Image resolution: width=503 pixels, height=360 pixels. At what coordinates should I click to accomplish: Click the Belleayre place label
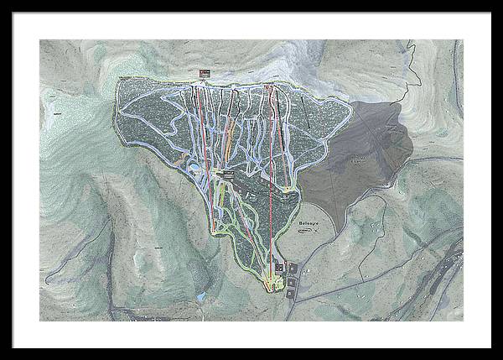309,226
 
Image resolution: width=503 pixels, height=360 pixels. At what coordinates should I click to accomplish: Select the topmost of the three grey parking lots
293,269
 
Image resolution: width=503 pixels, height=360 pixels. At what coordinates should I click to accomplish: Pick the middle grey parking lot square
291,282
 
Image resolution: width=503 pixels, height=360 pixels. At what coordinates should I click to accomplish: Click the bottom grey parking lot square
290,294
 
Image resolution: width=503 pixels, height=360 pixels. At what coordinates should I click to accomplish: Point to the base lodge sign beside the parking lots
279,268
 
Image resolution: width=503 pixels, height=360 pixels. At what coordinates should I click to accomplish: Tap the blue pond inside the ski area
194,167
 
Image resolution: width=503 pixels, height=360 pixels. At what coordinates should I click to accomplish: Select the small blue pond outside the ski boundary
201,296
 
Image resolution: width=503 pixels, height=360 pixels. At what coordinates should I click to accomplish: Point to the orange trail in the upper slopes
177,157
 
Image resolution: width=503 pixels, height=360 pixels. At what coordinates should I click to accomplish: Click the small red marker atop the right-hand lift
268,86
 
